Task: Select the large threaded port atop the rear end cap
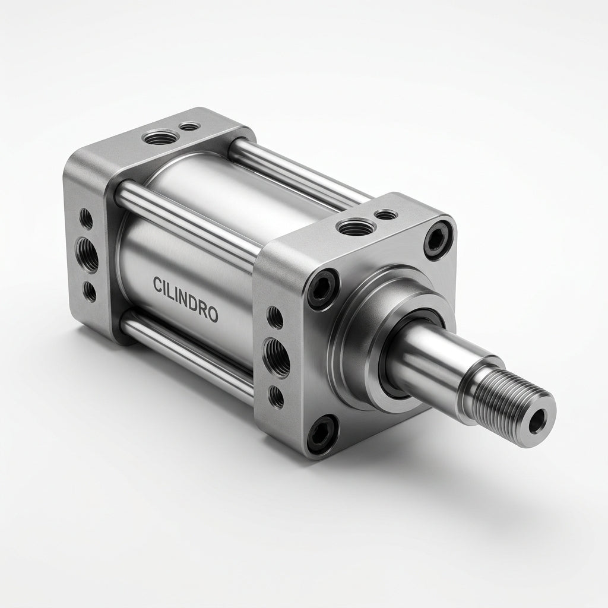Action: [160, 137]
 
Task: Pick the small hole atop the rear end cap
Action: [189, 126]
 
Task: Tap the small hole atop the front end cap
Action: [387, 214]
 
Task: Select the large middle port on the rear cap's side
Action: [86, 255]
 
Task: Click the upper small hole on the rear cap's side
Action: [85, 218]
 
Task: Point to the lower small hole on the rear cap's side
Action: [90, 292]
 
